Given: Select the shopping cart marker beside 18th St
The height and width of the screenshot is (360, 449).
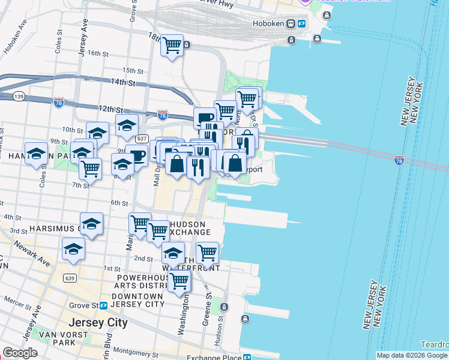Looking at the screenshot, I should click(172, 46).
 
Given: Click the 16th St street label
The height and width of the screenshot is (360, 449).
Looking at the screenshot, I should click(97, 53).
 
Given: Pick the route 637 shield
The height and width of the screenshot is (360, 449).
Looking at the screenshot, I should click(142, 139).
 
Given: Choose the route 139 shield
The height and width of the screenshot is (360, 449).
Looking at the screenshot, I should click(18, 96).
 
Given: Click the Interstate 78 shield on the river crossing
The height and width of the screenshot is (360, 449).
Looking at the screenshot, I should click(399, 160).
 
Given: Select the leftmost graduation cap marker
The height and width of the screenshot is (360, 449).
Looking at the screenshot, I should click(37, 154).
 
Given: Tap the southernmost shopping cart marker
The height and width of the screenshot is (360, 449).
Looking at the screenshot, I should click(179, 280).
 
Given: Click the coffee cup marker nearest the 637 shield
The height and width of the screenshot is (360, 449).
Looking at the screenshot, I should click(137, 156).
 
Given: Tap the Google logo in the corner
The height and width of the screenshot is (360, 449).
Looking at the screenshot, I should click(20, 353).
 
